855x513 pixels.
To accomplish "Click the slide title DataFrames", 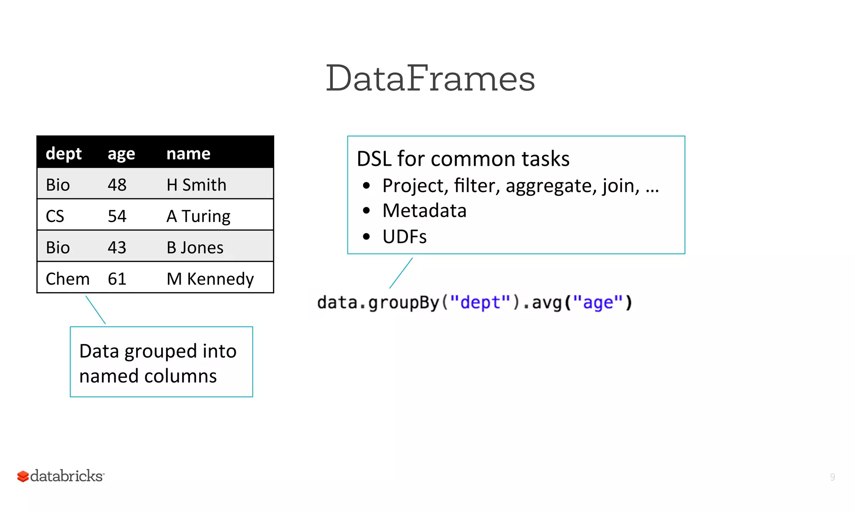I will pos(430,78).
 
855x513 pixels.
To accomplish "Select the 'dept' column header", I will pos(63,154).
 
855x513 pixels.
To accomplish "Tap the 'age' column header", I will pos(121,154).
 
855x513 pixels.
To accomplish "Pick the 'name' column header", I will pos(188,154).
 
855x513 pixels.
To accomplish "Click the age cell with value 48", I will pos(117,185).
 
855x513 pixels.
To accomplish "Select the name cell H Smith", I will pos(196,185).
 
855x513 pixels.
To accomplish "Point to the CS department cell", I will pos(55,216).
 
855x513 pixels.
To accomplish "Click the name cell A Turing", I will pos(198,216).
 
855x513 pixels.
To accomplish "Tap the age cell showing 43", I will pos(117,248).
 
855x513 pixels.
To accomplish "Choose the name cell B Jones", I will pos(195,248).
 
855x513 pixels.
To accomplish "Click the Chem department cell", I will pos(68,279).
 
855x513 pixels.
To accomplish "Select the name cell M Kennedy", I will pos(210,279).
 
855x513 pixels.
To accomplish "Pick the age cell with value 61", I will pos(117,279).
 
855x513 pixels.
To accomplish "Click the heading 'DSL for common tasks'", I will pos(463,159).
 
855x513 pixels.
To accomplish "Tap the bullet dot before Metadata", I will pos(367,211).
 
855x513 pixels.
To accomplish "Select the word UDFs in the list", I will pos(405,237).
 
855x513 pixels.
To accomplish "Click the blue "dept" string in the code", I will pos(480,302).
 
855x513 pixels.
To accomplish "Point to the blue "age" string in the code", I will pos(598,302).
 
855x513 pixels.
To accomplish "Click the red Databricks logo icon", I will pos(23,476).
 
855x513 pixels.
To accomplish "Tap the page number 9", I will pos(832,477).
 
